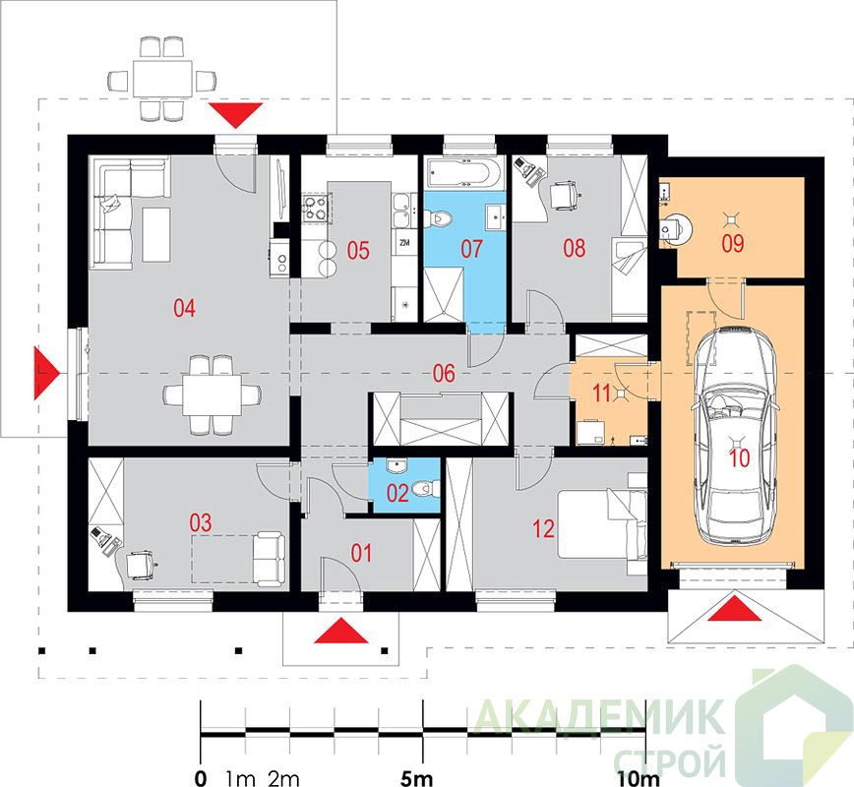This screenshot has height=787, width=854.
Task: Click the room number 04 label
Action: pos(184,308)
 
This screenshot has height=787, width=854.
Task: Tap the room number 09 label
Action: pos(733,243)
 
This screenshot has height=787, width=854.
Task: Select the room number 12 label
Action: pos(543,528)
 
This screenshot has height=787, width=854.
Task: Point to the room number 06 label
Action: pos(444,374)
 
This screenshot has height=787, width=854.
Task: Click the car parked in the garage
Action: pos(736,435)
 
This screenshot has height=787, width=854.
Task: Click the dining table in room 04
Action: pos(212,394)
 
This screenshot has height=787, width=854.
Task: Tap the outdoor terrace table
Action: pos(162,79)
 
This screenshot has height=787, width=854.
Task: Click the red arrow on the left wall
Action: pos(44,373)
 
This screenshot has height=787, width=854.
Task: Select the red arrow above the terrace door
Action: pos(236,114)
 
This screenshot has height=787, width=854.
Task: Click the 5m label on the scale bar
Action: pos(416,778)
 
